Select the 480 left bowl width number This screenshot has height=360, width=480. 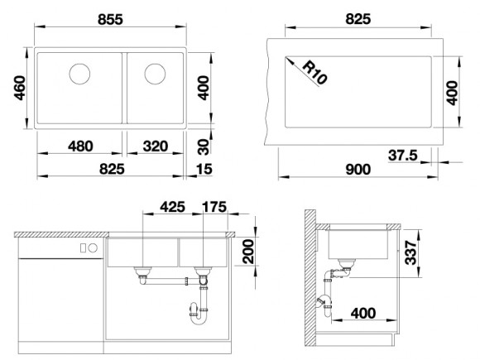point(79,146)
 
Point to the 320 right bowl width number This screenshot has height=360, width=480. point(156,146)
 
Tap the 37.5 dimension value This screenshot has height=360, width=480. point(401,155)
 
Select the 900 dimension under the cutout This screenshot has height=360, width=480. point(358,169)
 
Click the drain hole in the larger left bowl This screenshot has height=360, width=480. point(81,74)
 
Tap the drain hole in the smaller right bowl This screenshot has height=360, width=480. point(155,74)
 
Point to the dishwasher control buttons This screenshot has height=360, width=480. point(87,248)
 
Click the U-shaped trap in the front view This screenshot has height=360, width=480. point(199,312)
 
